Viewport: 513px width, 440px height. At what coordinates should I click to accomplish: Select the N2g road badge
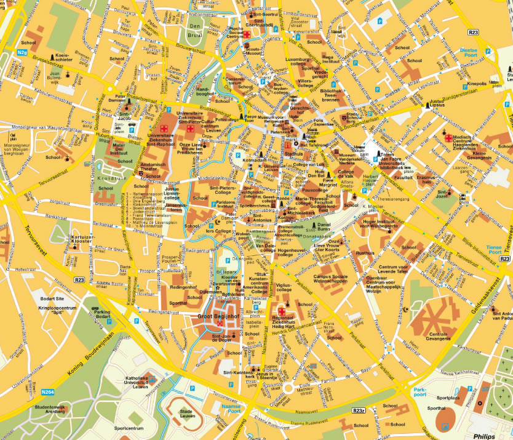click(x=22, y=53)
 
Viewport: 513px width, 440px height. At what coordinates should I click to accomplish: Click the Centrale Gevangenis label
click(x=438, y=338)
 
